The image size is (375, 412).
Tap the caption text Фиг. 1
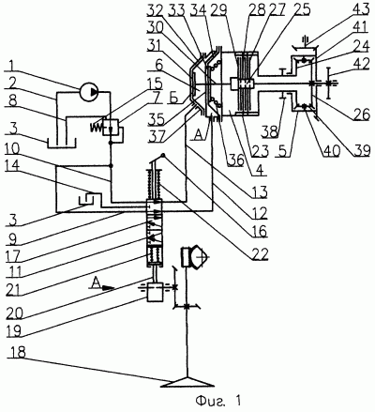pyautogui.click(x=218, y=401)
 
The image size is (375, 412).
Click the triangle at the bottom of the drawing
pyautogui.click(x=187, y=382)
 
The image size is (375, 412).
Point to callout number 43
pyautogui.click(x=361, y=10)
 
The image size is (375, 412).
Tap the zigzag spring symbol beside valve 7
pyautogui.click(x=97, y=127)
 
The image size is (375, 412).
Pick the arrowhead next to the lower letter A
pyautogui.click(x=107, y=287)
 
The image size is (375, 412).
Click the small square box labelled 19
pyautogui.click(x=155, y=292)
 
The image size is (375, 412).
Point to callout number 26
pyautogui.click(x=361, y=114)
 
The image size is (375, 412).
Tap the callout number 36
pyautogui.click(x=234, y=160)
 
